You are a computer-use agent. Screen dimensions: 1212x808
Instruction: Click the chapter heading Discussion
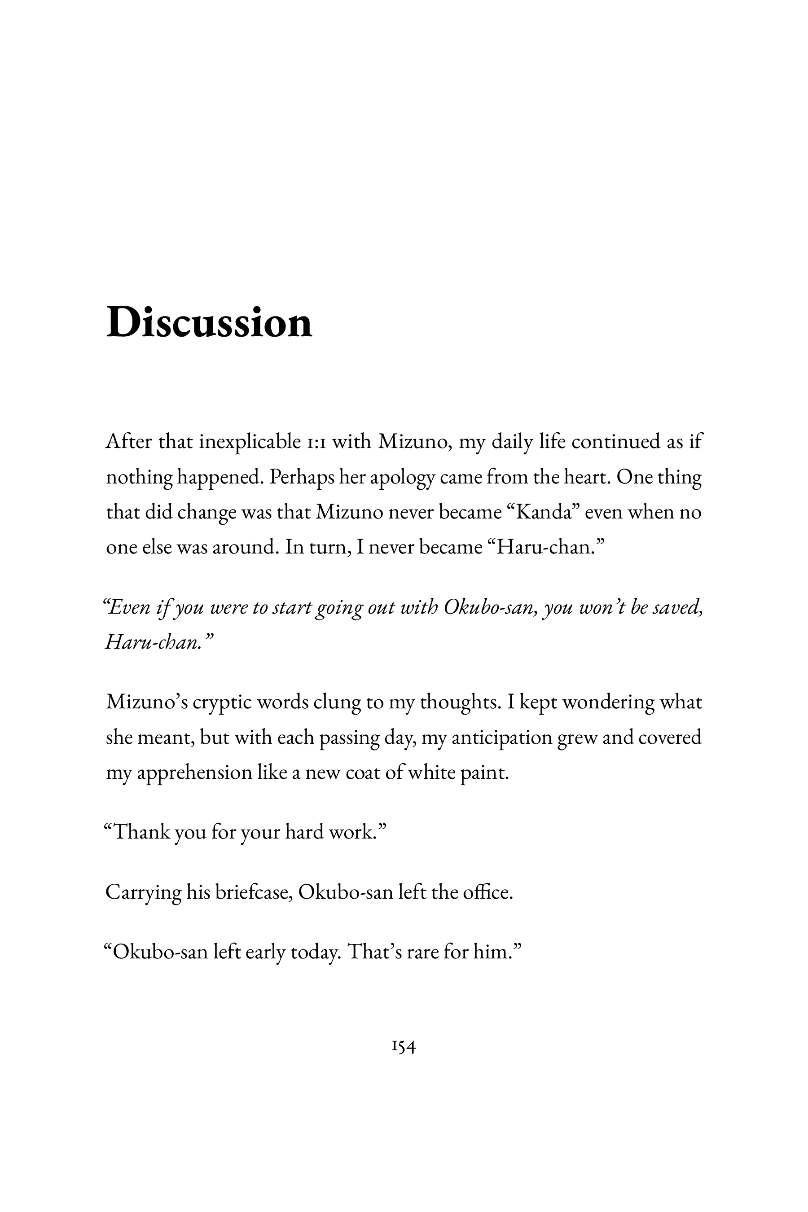coord(209,323)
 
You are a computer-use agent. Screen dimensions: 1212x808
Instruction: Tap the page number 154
coord(404,1047)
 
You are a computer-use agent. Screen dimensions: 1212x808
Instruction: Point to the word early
coord(265,952)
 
